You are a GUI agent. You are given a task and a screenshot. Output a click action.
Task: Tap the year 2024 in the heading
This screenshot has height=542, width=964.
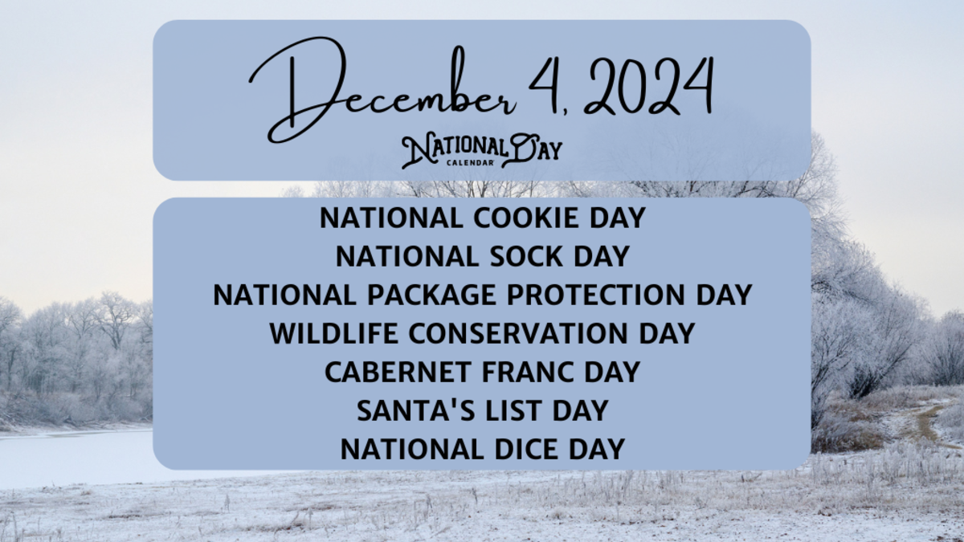pos(646,86)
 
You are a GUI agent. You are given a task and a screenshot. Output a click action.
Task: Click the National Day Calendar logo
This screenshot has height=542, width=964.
pos(481,150)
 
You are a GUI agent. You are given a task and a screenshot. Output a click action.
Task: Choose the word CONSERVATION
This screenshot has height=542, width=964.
pos(521,332)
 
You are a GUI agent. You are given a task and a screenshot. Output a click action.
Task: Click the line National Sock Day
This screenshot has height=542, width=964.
pos(482,257)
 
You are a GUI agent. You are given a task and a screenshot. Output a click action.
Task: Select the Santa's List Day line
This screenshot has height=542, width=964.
pos(482,410)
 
